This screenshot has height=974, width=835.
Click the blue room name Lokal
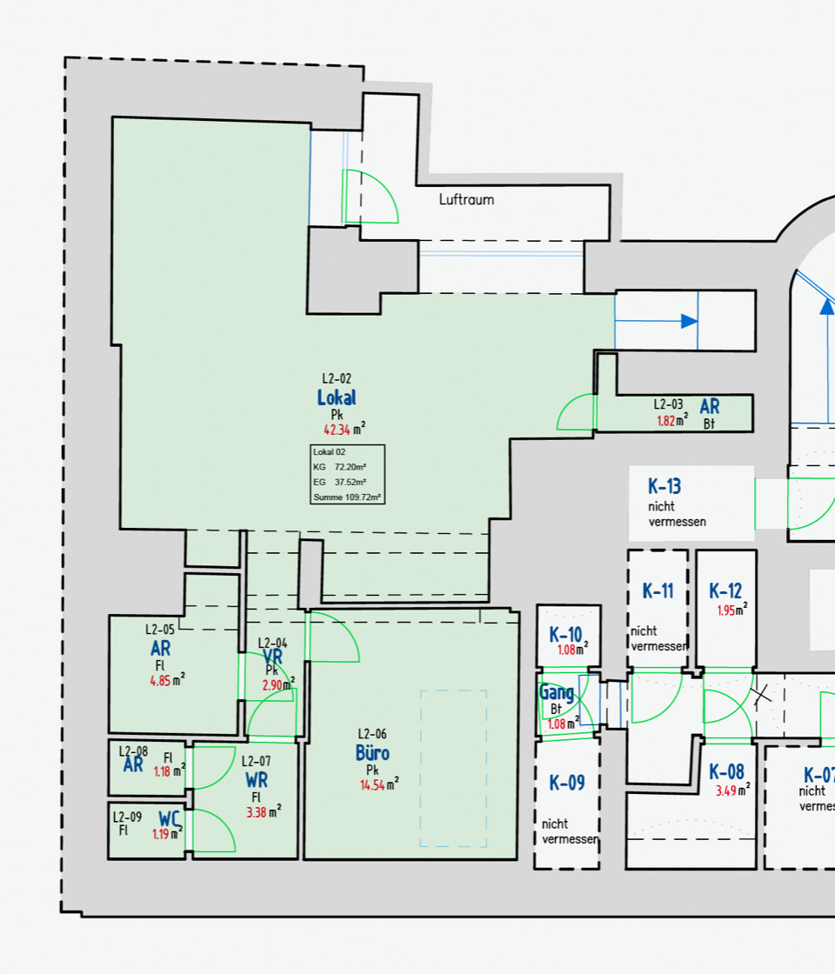click(x=337, y=397)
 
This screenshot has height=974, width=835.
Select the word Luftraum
click(x=466, y=200)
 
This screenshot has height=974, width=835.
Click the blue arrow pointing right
click(x=689, y=321)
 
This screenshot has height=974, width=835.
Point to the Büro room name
click(x=372, y=752)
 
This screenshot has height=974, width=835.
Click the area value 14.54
click(x=376, y=785)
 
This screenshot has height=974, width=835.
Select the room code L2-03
click(x=668, y=404)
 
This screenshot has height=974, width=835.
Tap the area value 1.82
click(x=666, y=421)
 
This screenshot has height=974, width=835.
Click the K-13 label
click(x=665, y=486)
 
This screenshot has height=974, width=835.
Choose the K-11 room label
click(x=658, y=591)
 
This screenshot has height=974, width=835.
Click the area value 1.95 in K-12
click(x=727, y=610)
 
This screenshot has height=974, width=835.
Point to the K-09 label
click(x=567, y=783)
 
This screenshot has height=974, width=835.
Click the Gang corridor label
click(x=556, y=693)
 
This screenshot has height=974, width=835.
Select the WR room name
click(x=256, y=780)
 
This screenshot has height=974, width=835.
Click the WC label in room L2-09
click(x=169, y=818)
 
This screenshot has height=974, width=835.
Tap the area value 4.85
click(x=161, y=681)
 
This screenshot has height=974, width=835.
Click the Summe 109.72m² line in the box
click(x=347, y=497)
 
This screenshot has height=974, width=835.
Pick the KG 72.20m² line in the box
click(x=340, y=467)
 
